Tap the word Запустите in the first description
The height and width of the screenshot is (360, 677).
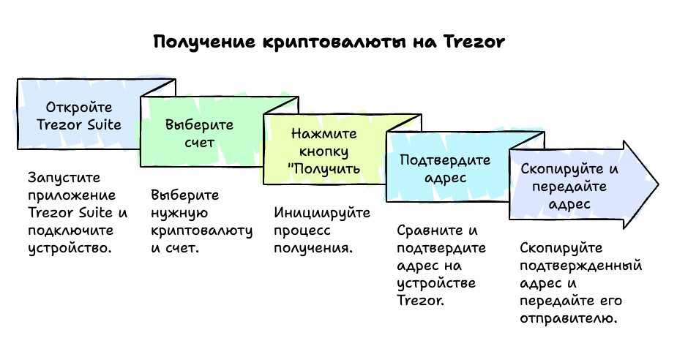tap(63, 178)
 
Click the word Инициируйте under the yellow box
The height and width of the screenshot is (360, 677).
tap(322, 213)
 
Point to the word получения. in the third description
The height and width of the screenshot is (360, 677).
tap(313, 248)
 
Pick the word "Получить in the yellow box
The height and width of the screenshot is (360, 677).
tap(325, 169)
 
